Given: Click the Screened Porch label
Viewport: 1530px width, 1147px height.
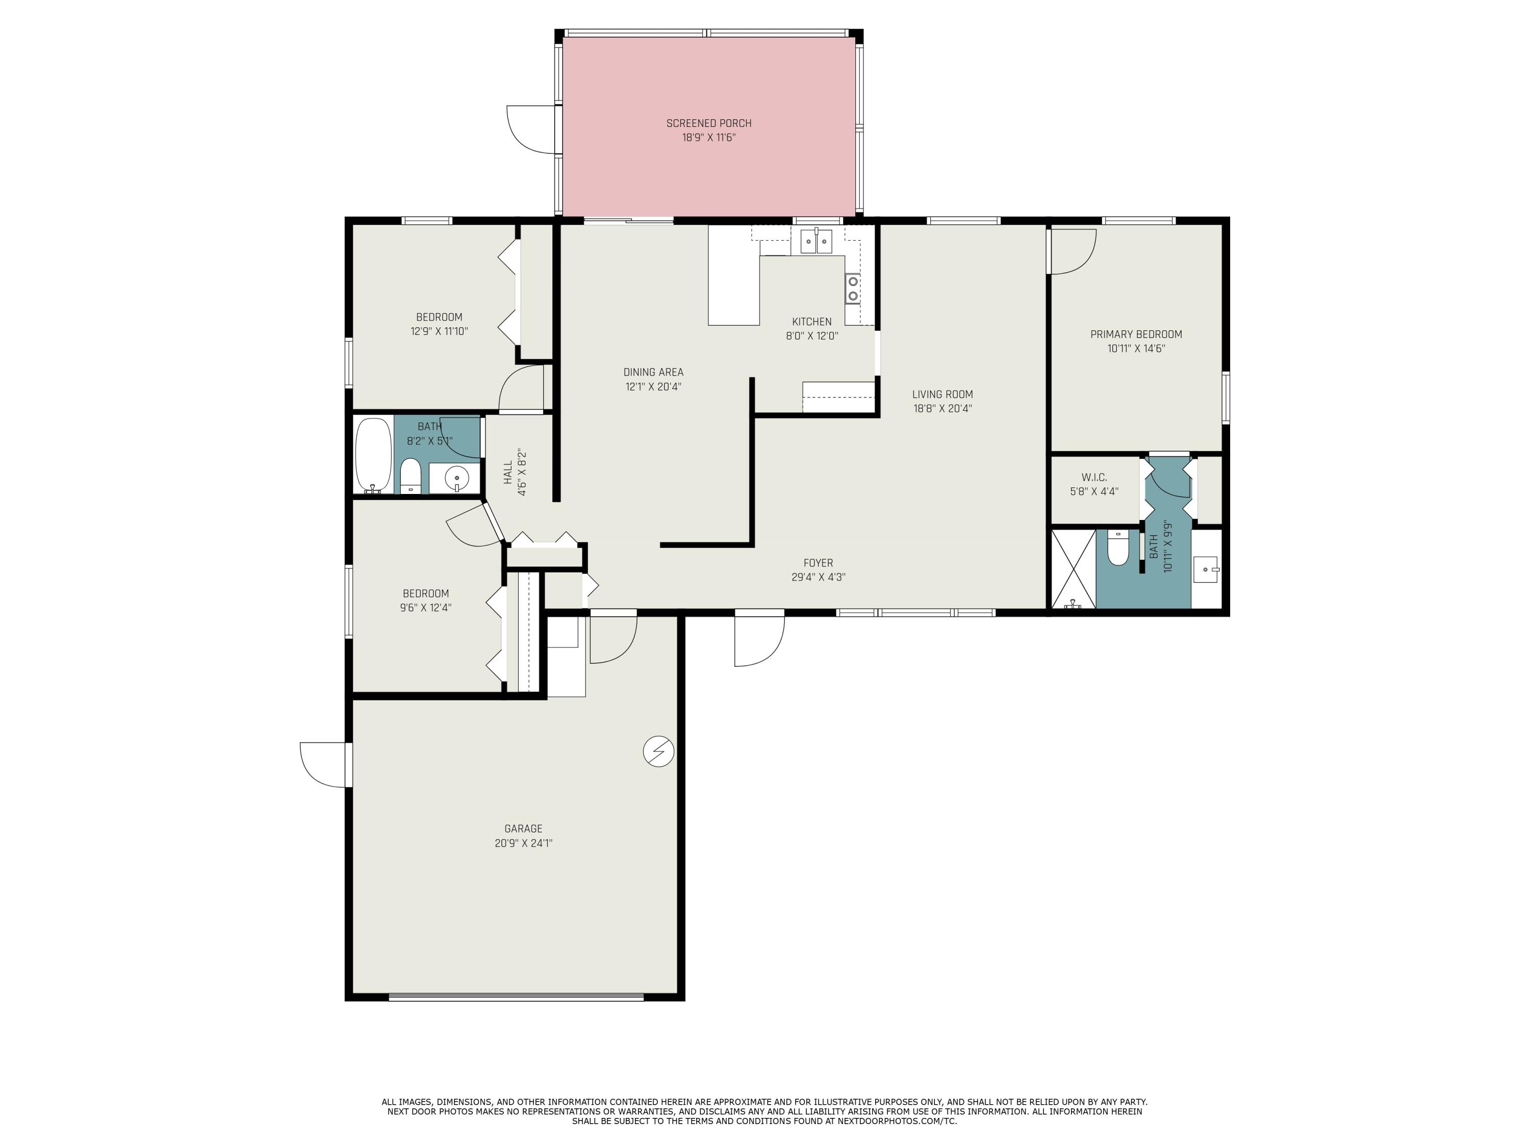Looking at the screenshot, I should pyautogui.click(x=708, y=123).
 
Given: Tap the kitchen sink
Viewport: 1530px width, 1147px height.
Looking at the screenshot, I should pyautogui.click(x=816, y=242).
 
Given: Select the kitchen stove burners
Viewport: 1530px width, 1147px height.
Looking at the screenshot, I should pyautogui.click(x=853, y=289).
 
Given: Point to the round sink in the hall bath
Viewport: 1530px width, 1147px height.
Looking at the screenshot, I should pyautogui.click(x=456, y=477).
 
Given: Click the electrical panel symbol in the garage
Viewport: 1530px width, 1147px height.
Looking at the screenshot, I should pyautogui.click(x=658, y=751).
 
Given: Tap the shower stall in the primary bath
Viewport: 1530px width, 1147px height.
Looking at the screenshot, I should pyautogui.click(x=1073, y=569).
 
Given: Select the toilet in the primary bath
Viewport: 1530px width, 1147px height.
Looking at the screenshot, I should pyautogui.click(x=1118, y=548).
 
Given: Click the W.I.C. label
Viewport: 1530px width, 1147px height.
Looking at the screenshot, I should pyautogui.click(x=1093, y=477).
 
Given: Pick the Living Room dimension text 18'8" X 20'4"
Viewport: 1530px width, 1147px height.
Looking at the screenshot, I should pyautogui.click(x=942, y=409).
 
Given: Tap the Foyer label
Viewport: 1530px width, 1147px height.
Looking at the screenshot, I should pyautogui.click(x=818, y=563).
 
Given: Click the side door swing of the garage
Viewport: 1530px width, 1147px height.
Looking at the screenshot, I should pyautogui.click(x=322, y=764).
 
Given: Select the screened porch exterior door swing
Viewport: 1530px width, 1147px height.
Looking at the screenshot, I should pyautogui.click(x=531, y=130).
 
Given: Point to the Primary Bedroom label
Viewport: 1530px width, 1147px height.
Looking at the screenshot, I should pyautogui.click(x=1136, y=334).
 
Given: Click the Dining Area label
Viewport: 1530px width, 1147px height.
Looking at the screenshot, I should pyautogui.click(x=653, y=372).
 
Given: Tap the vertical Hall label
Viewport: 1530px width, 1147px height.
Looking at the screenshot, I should pyautogui.click(x=508, y=473).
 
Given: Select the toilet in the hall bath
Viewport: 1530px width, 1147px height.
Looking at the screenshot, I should pyautogui.click(x=411, y=476).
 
